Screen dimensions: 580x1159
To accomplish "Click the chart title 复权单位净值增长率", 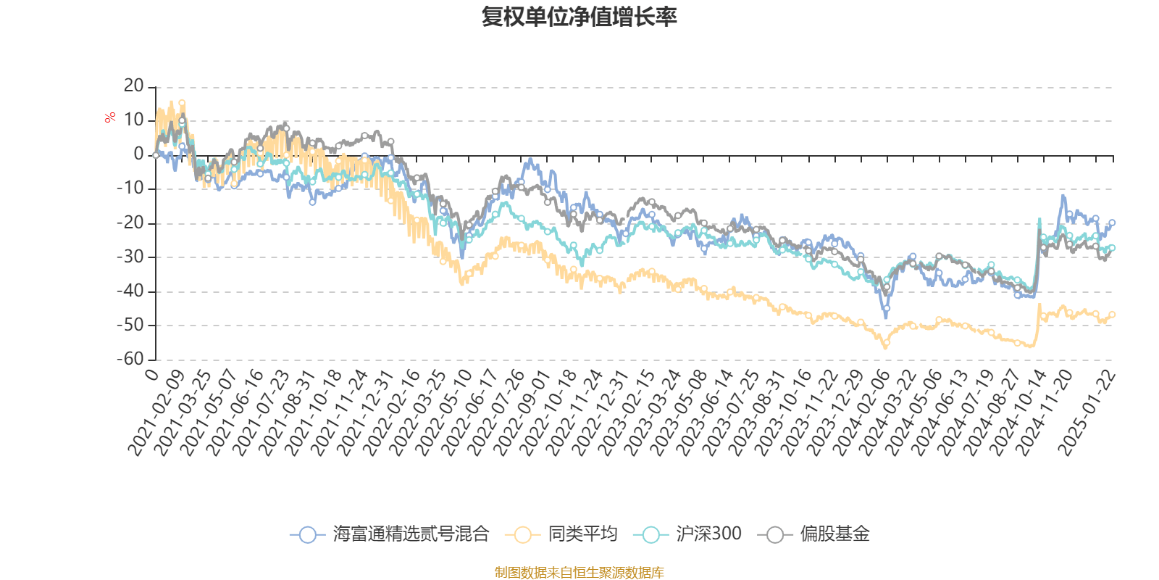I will point(579,17).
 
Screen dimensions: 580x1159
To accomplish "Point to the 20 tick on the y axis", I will point(134,86).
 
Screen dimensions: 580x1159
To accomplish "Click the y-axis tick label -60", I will point(130,359).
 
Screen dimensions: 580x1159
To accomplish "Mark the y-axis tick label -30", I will point(130,257).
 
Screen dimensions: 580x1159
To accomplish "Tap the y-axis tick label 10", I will point(134,120).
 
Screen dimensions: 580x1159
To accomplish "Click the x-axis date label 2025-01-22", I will point(1087,413).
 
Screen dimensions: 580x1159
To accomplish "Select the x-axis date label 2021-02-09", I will point(156,413).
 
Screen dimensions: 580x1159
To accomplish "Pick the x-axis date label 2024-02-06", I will point(861,413).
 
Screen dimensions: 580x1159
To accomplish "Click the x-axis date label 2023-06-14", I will point(705,413).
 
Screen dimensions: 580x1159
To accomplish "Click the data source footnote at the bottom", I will point(579,573).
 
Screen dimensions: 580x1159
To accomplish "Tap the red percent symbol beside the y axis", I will point(110,118).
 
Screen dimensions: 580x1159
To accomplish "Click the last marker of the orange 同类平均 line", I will point(1113,315).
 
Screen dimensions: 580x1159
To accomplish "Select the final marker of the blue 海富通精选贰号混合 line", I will point(1113,223).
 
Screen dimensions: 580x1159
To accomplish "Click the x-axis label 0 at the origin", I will point(151,375).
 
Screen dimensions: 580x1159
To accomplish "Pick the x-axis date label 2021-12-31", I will point(366,413).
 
